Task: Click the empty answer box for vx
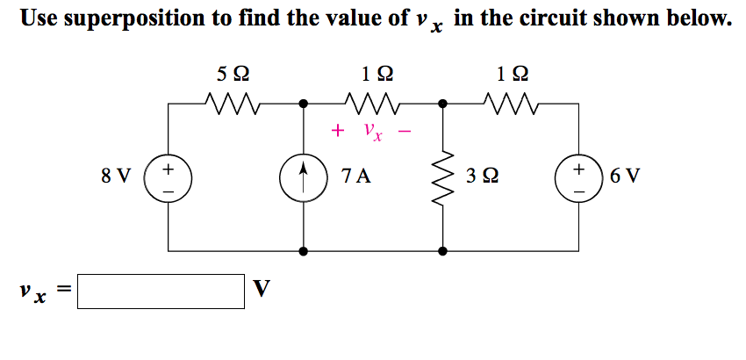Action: [x=161, y=292]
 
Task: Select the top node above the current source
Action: [x=304, y=104]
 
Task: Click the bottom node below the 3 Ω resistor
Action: [x=443, y=250]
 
